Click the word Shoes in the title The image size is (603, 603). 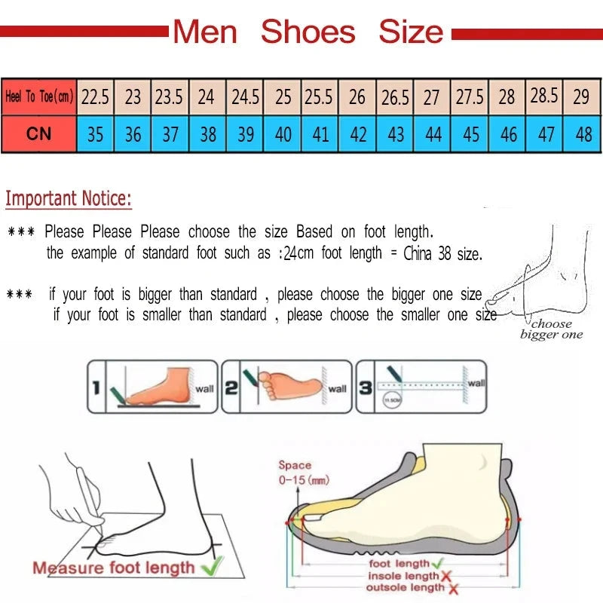(308, 32)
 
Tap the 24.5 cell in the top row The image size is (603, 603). (245, 97)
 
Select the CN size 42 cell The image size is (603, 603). (358, 134)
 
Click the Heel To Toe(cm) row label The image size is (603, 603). (38, 97)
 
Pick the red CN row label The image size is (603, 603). (38, 134)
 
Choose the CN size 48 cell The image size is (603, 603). (583, 134)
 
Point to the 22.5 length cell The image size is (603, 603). (95, 97)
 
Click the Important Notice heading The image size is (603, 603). (69, 199)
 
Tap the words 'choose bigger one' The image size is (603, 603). (551, 329)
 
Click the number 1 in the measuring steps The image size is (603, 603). (96, 388)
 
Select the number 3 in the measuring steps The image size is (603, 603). (365, 388)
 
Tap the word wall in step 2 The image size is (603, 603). (337, 389)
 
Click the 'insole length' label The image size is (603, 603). (402, 576)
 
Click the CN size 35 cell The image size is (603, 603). (95, 134)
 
